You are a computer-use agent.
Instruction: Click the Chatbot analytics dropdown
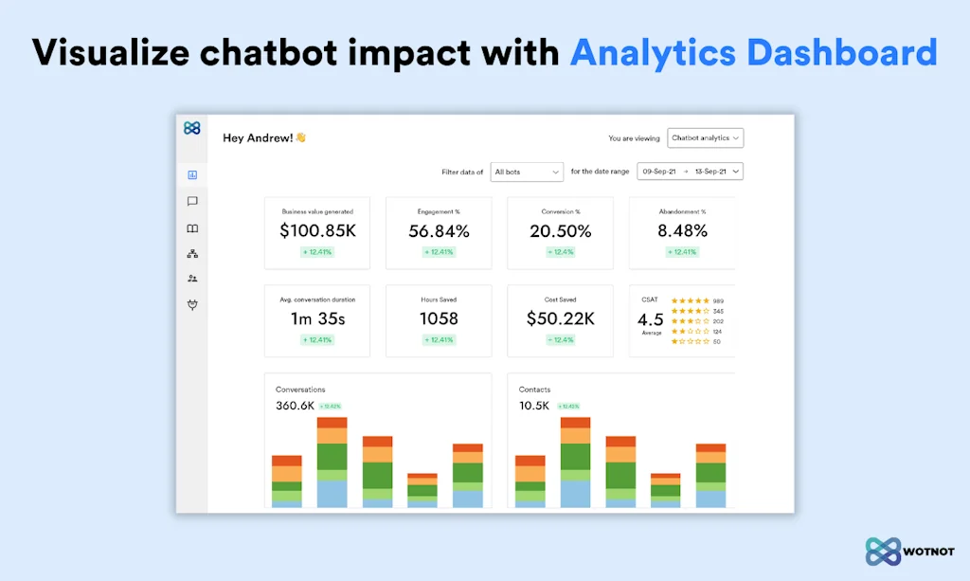705,138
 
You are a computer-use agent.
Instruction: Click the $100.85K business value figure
316,231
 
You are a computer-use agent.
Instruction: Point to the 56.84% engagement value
439,231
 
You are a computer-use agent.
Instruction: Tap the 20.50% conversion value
560,231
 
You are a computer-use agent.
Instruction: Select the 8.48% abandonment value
682,231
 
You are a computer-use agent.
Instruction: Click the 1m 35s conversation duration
316,319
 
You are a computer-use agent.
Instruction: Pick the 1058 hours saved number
439,319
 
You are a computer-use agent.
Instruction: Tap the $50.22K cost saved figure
560,319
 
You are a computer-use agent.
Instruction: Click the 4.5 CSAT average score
650,320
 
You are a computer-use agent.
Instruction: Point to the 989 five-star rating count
718,300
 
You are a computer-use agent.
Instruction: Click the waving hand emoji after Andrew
300,137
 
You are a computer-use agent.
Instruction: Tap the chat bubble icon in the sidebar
192,202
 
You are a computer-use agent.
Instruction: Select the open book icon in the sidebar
192,228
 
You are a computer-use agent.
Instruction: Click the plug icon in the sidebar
192,305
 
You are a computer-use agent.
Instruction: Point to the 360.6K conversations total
295,406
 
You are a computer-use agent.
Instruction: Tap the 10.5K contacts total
534,406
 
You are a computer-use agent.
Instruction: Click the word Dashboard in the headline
842,53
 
